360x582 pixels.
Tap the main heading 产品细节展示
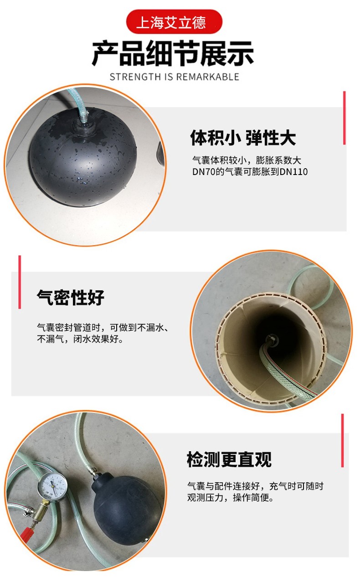tap(173, 54)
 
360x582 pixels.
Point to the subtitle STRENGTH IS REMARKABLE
tap(174, 77)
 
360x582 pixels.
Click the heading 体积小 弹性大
tap(243, 138)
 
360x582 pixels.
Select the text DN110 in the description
tap(294, 172)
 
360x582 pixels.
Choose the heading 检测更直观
tap(229, 460)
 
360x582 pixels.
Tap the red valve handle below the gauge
tap(28, 533)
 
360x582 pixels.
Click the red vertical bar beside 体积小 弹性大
tap(344, 118)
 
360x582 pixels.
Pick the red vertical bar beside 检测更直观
tap(342, 440)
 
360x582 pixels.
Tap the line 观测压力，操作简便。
tap(231, 498)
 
